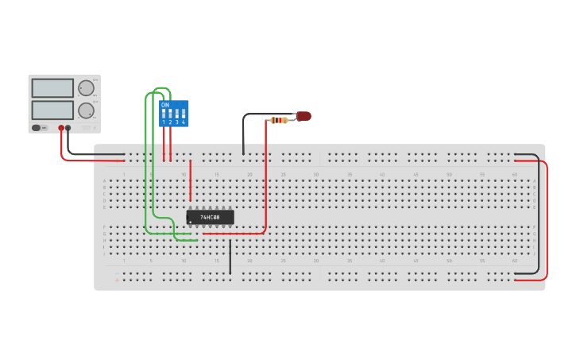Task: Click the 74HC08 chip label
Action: coord(210,217)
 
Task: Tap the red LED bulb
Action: coord(303,116)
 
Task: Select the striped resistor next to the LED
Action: coord(279,120)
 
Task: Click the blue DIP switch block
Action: coord(174,113)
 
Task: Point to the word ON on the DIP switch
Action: coord(165,105)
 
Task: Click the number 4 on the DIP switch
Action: coord(184,122)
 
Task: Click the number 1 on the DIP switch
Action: coord(164,122)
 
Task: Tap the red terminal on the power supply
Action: coord(61,128)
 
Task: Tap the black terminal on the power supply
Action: coord(68,128)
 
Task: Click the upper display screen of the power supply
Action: coord(52,88)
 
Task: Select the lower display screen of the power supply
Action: coord(52,110)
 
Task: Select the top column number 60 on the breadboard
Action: coord(515,174)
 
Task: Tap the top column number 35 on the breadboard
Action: coord(349,174)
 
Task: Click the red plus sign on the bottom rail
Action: coord(117,280)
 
